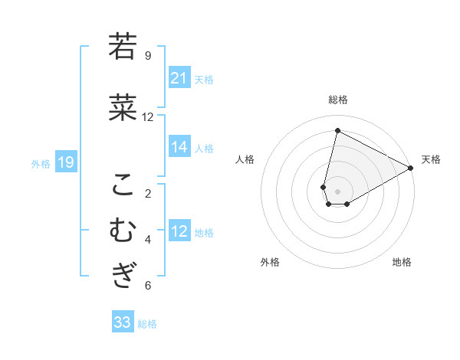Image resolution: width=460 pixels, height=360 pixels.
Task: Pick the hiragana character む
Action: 123,230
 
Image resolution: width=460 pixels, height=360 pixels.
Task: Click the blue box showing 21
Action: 179,78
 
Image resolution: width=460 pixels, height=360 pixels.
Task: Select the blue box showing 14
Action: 179,148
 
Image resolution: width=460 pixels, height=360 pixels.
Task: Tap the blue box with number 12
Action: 179,232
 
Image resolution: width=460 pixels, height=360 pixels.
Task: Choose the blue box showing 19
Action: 65,162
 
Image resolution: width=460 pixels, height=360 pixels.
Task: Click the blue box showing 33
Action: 123,322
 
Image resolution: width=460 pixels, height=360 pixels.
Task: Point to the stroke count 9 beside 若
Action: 148,56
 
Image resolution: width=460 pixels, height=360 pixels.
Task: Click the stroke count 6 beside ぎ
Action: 148,286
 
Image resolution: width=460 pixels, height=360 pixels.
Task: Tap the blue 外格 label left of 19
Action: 41,163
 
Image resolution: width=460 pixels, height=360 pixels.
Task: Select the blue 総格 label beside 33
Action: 147,324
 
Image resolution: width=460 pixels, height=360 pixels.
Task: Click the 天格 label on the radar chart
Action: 431,159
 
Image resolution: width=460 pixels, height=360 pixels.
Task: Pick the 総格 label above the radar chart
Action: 338,100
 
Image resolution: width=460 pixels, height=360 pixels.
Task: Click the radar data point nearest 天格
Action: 411,168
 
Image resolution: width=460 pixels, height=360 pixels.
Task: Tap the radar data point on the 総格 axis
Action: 337,131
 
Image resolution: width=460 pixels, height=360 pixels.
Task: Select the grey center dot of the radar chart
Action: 337,191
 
